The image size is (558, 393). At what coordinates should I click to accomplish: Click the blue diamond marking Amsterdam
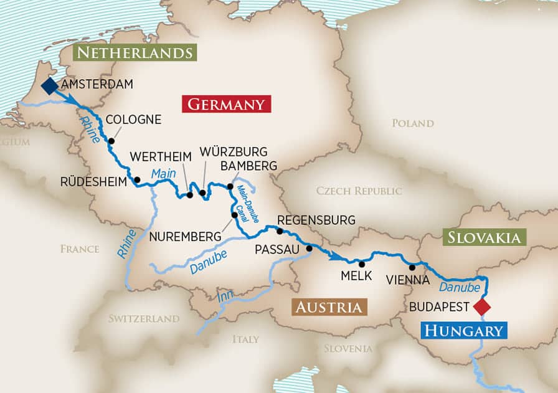pos(49,86)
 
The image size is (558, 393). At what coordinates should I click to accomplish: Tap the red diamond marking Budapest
pos(481,307)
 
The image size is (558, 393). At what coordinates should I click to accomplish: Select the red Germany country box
pos(226,103)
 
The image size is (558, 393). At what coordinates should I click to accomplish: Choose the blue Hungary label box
pos(464,331)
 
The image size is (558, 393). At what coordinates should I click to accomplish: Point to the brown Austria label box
pos(328,307)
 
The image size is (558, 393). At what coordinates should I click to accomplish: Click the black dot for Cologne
pos(111,141)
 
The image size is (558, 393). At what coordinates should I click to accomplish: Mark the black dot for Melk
pos(362,263)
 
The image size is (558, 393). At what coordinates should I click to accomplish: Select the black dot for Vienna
pos(412,267)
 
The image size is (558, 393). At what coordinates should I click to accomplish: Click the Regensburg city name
pos(316,220)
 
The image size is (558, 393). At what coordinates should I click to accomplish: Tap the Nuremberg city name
pos(185,237)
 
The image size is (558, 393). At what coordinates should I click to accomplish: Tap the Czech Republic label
pos(359,191)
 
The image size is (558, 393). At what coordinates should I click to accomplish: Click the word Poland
pos(412,123)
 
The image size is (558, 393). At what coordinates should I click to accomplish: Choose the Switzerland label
pos(144,318)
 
